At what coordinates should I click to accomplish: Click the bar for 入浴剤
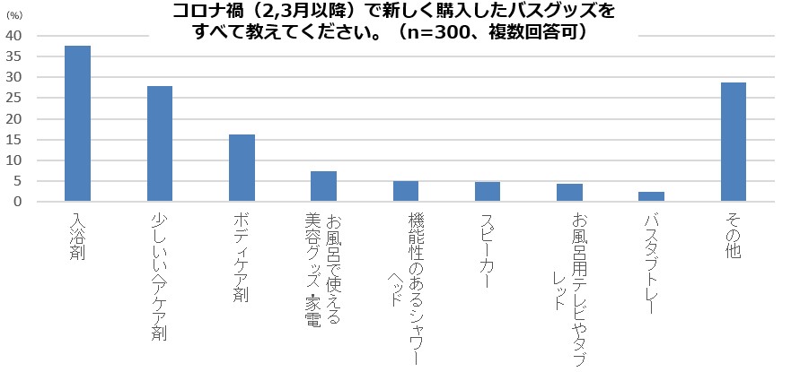(x=77, y=124)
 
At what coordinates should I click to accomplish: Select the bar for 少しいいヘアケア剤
(x=160, y=144)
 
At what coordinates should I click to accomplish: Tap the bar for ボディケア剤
(x=242, y=169)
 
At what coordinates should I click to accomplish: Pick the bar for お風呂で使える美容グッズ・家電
(x=323, y=186)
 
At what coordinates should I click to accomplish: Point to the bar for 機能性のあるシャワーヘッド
(x=406, y=192)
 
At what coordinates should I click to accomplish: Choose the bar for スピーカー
(x=488, y=192)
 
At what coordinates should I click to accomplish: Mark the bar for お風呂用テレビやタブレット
(x=569, y=193)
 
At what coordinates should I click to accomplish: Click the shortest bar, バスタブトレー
(x=652, y=197)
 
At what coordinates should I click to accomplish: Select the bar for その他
(x=734, y=143)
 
